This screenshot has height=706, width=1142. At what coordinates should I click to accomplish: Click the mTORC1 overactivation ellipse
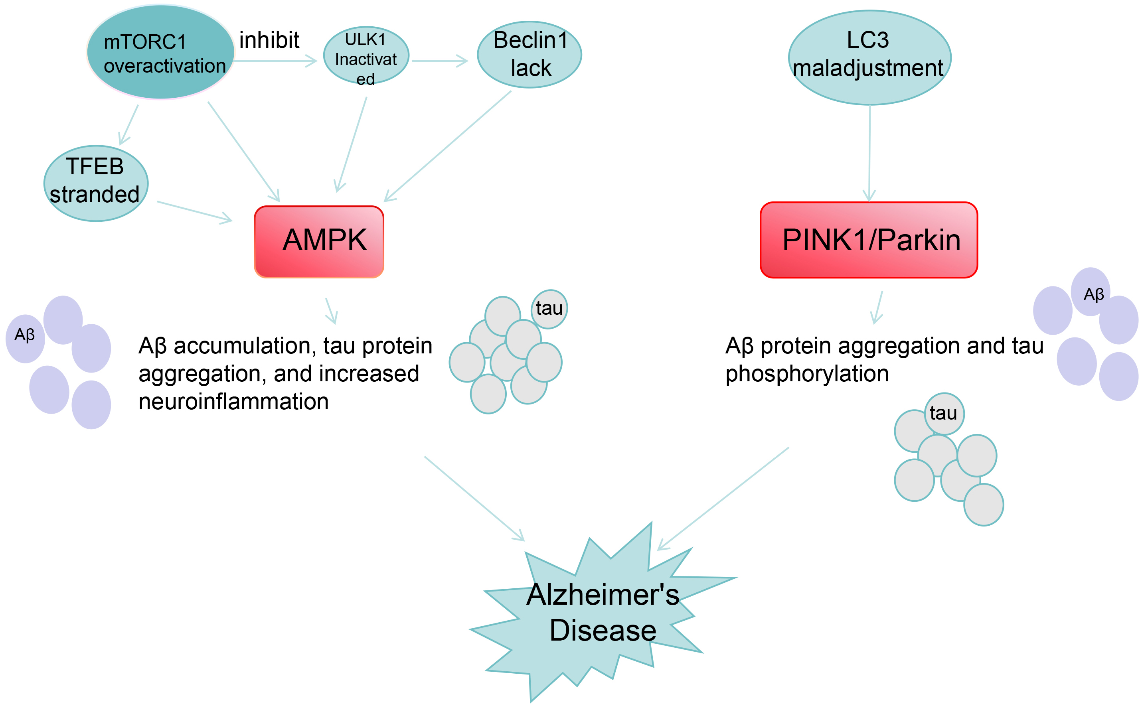pyautogui.click(x=160, y=52)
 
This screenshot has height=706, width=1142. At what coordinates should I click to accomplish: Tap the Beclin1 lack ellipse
pyautogui.click(x=529, y=55)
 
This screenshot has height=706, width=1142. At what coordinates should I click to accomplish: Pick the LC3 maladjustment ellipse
pyautogui.click(x=869, y=57)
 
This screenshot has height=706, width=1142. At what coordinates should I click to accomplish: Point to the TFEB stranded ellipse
pyautogui.click(x=96, y=183)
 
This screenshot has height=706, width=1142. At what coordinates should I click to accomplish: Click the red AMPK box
pyautogui.click(x=319, y=241)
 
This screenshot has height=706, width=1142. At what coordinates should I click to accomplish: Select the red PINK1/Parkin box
pyautogui.click(x=868, y=240)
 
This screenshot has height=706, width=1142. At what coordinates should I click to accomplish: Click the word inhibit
pyautogui.click(x=269, y=40)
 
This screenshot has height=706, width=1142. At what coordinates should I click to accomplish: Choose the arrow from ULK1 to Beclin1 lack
pyautogui.click(x=439, y=61)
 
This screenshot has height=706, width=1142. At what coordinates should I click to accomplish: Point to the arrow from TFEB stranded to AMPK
pyautogui.click(x=194, y=211)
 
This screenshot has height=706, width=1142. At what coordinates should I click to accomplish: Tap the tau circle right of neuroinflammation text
pyautogui.click(x=549, y=309)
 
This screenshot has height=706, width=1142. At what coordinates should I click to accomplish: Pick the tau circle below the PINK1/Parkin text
pyautogui.click(x=944, y=414)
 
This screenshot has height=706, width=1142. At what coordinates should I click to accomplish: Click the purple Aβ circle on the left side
pyautogui.click(x=25, y=335)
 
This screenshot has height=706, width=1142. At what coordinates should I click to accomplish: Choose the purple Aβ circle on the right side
pyautogui.click(x=1090, y=292)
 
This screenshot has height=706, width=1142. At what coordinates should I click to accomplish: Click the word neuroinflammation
pyautogui.click(x=233, y=402)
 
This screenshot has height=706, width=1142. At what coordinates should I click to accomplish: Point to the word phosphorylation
pyautogui.click(x=807, y=374)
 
